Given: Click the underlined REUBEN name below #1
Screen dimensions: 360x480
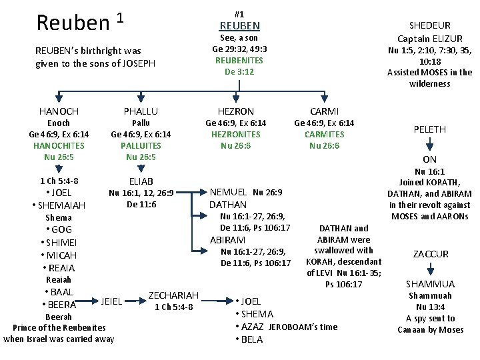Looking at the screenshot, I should [x=239, y=25].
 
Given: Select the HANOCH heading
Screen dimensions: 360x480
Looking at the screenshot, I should [x=59, y=111].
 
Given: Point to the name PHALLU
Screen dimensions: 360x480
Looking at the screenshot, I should [x=141, y=111].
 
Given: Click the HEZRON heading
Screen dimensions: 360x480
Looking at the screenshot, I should [x=235, y=111].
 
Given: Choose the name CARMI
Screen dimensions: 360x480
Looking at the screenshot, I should [x=325, y=111].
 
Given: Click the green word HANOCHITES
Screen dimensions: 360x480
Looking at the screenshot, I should [x=59, y=145].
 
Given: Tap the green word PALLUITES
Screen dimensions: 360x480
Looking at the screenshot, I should [x=141, y=145].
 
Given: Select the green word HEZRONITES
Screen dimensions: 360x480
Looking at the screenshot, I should [x=235, y=134].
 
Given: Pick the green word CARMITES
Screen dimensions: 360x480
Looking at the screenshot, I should [x=325, y=134].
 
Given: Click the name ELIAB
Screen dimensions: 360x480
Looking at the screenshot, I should [x=141, y=181].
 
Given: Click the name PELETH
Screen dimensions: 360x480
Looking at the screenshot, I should [x=430, y=129].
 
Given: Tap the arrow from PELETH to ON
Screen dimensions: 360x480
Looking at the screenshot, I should [x=431, y=143].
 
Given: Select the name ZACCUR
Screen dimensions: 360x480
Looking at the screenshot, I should [x=431, y=254].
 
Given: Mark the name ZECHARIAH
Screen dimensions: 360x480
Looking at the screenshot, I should [x=173, y=295].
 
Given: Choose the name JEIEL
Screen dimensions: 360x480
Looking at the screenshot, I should [x=111, y=301].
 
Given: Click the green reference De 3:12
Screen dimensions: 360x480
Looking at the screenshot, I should [x=239, y=71].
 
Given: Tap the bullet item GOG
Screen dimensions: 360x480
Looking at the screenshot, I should [x=61, y=230].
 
